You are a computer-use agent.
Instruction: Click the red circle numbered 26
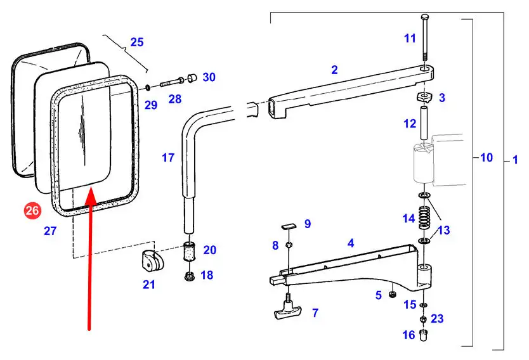(x=32, y=210)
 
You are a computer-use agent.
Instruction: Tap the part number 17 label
(x=167, y=158)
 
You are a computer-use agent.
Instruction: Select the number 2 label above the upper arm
(x=334, y=70)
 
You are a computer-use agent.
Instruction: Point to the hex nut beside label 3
(x=424, y=98)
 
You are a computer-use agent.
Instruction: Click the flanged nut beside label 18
(x=188, y=276)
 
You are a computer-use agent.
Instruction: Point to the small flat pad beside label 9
(x=289, y=224)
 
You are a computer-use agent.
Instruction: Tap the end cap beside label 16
(x=425, y=334)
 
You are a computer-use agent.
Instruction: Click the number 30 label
(x=209, y=78)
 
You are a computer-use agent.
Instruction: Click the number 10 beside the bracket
(x=486, y=157)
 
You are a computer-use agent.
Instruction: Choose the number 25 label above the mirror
(x=137, y=43)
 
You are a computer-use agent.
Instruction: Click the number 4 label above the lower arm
(x=350, y=242)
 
